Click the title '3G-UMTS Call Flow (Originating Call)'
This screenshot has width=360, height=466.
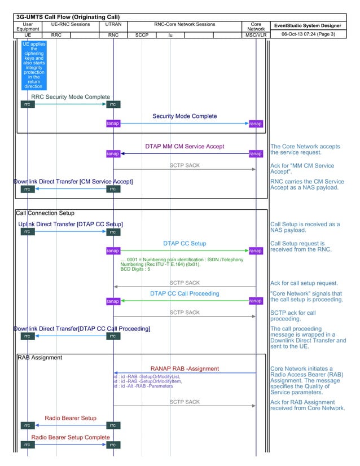(x=67, y=17)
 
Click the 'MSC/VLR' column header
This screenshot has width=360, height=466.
(x=256, y=35)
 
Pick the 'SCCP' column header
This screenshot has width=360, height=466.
(x=142, y=35)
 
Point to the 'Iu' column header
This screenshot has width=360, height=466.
(x=170, y=35)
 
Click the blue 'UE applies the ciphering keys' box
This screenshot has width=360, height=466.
(x=34, y=65)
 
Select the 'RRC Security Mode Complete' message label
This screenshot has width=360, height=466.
(x=71, y=97)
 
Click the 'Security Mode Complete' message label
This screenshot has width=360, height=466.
(x=185, y=116)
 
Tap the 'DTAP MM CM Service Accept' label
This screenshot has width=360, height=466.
(x=185, y=147)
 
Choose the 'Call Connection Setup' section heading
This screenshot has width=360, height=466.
(x=45, y=214)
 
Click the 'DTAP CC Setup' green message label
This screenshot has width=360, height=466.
(x=185, y=244)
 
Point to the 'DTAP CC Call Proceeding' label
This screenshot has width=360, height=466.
(x=185, y=294)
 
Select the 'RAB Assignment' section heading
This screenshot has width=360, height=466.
(x=39, y=358)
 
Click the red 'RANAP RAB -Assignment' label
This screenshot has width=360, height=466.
(x=185, y=369)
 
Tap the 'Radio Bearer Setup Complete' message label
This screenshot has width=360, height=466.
(x=71, y=437)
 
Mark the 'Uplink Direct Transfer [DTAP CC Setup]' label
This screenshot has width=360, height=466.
(x=71, y=225)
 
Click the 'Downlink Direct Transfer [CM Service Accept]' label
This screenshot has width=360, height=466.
(x=73, y=182)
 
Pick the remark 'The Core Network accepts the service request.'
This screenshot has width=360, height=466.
(x=305, y=150)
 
